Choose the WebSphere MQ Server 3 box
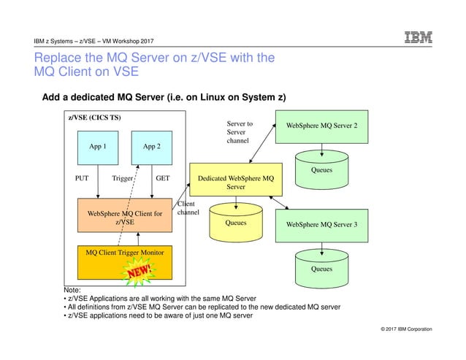click(x=322, y=224)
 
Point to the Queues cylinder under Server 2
click(x=321, y=166)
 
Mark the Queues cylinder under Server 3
click(x=321, y=267)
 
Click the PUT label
click(x=83, y=177)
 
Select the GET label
click(x=164, y=177)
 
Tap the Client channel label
click(x=187, y=208)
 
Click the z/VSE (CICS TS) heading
click(x=95, y=118)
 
